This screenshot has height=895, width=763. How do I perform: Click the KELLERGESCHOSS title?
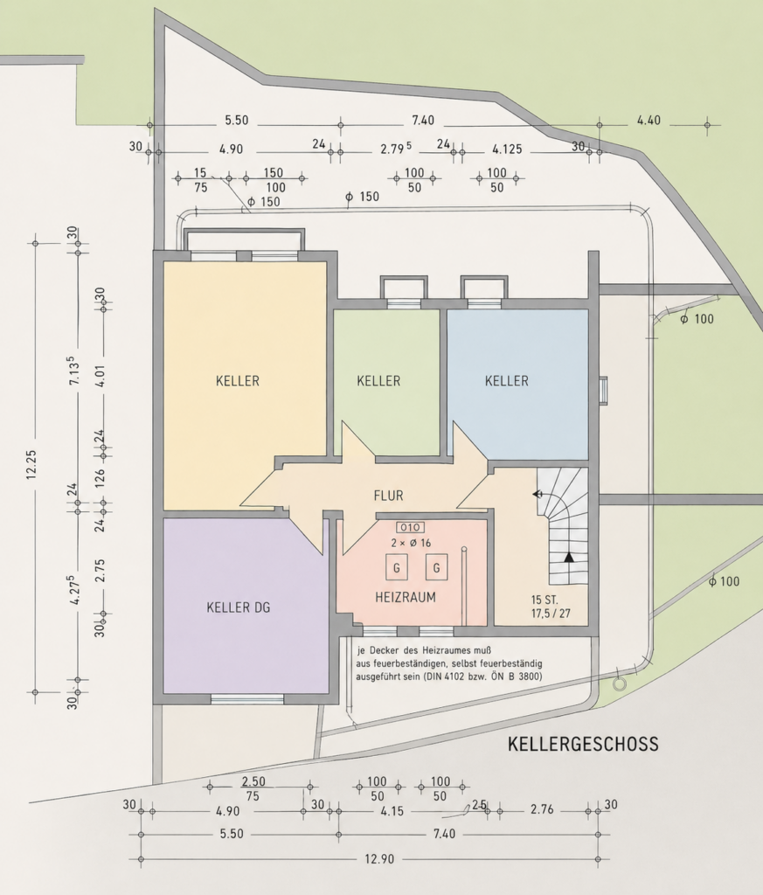pos(583,744)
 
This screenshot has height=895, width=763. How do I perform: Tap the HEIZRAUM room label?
pos(406,597)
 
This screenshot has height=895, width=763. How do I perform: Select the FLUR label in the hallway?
pos(389,496)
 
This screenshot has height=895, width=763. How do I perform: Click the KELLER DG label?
pos(239,607)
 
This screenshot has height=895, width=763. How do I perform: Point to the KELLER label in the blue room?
pos(507,381)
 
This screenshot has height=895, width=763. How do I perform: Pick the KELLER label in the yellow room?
pos(238,381)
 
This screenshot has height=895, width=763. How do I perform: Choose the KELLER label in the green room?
pos(378,381)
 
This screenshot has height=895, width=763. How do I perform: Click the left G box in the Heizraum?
pos(397,568)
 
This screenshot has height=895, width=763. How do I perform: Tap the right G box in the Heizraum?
pos(437,568)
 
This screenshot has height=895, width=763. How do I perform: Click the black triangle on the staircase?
pos(568,557)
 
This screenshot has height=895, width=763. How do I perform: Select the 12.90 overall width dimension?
pos(379,859)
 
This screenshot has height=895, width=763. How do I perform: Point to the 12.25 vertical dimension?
pos(31,464)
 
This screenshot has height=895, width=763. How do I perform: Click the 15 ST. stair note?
pos(545,600)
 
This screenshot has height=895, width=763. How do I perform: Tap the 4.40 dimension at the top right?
pos(649,121)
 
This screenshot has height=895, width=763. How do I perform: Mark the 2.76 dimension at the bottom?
pos(542,809)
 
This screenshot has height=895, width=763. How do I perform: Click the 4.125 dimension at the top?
pos(507,149)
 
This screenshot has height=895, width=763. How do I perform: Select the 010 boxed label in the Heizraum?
pos(410,527)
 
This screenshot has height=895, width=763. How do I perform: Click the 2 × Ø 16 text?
pos(411,543)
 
